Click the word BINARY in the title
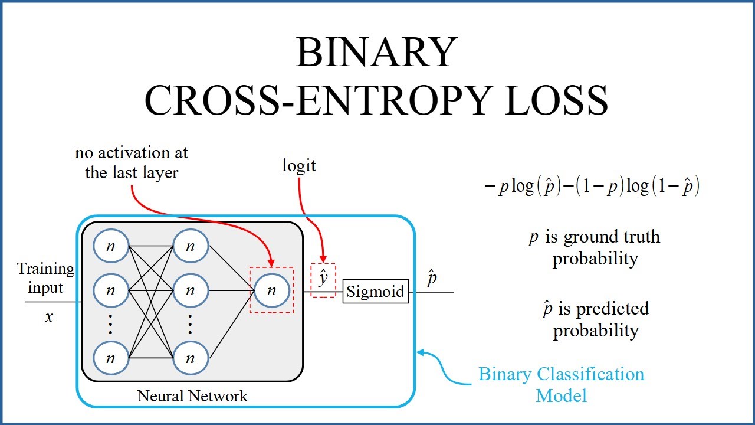click(376, 53)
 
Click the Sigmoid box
click(375, 292)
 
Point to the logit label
click(299, 166)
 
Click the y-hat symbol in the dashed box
click(323, 279)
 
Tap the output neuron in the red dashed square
click(271, 290)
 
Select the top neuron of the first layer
click(111, 246)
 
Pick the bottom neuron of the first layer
click(111, 358)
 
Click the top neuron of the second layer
click(190, 246)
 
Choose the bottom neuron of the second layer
click(190, 358)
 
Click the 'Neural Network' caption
click(193, 395)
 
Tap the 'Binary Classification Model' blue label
click(561, 384)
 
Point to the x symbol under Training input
click(49, 318)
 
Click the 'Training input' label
click(46, 279)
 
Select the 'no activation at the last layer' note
click(132, 163)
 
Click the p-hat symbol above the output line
click(432, 279)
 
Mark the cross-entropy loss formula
click(592, 188)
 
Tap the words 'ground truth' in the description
click(612, 237)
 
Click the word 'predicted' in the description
click(612, 309)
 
